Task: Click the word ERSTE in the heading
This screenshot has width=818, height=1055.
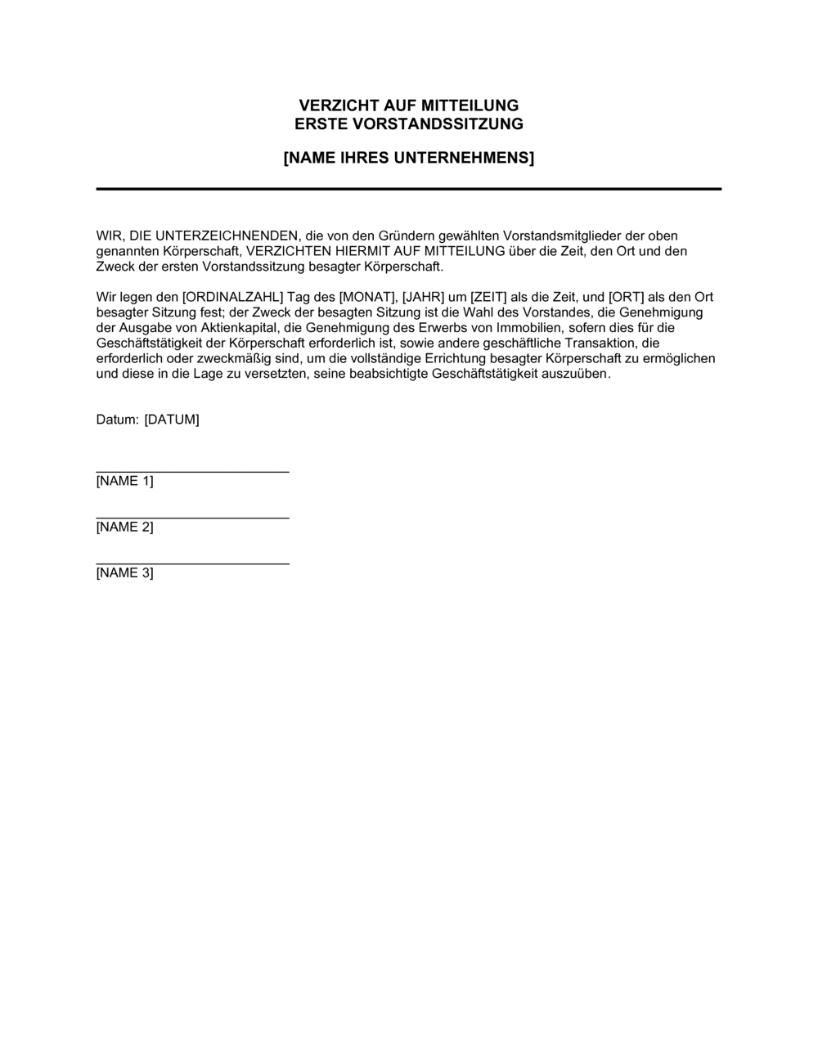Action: [319, 124]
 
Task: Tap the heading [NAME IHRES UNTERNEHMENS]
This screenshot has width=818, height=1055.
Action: [408, 158]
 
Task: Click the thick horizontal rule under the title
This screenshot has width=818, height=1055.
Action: [408, 189]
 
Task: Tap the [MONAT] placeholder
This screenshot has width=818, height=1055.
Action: [368, 297]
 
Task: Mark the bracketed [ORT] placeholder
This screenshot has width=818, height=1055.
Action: [627, 297]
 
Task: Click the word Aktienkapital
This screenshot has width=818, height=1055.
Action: [239, 328]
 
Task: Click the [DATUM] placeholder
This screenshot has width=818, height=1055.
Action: [172, 420]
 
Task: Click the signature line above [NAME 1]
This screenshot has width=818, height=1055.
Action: [192, 472]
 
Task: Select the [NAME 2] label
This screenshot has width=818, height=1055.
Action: [124, 527]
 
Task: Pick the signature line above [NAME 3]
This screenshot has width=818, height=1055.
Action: [192, 563]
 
